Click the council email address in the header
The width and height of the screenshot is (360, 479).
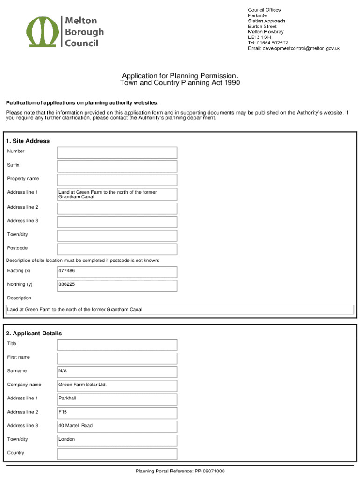294,48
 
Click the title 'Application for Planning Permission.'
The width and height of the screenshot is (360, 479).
180,76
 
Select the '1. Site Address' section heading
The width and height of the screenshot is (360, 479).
28,141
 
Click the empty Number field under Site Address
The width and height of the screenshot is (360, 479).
117,152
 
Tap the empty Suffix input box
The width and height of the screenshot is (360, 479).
117,166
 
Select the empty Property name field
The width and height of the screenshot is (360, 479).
117,180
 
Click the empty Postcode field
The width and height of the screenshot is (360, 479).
117,249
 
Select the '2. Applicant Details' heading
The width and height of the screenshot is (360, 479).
34,333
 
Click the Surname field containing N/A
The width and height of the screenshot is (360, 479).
117,372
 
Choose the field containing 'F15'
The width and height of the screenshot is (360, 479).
117,413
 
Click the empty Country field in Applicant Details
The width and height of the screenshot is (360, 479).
117,454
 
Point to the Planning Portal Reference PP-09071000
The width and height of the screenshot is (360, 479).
180,471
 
